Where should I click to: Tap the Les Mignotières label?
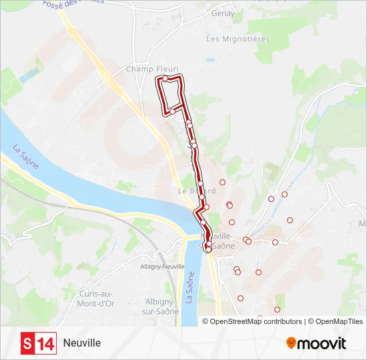coord(238,39)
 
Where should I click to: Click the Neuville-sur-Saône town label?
coord(219,241)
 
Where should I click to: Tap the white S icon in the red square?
coord(27,343)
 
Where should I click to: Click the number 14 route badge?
coord(45,343)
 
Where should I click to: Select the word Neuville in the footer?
coord(82,343)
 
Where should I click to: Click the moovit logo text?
coord(322,343)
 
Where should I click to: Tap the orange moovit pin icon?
coord(291,343)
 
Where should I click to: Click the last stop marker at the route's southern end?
coord(208,249)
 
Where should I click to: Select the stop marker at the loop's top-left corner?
coord(165,79)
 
